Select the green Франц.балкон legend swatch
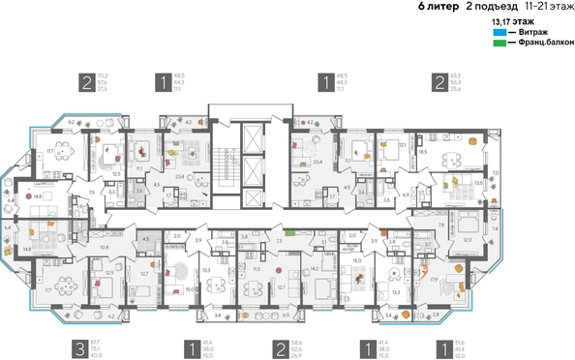[499, 43]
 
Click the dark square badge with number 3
[76, 348]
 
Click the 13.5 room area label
[477, 181]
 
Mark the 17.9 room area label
[433, 280]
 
